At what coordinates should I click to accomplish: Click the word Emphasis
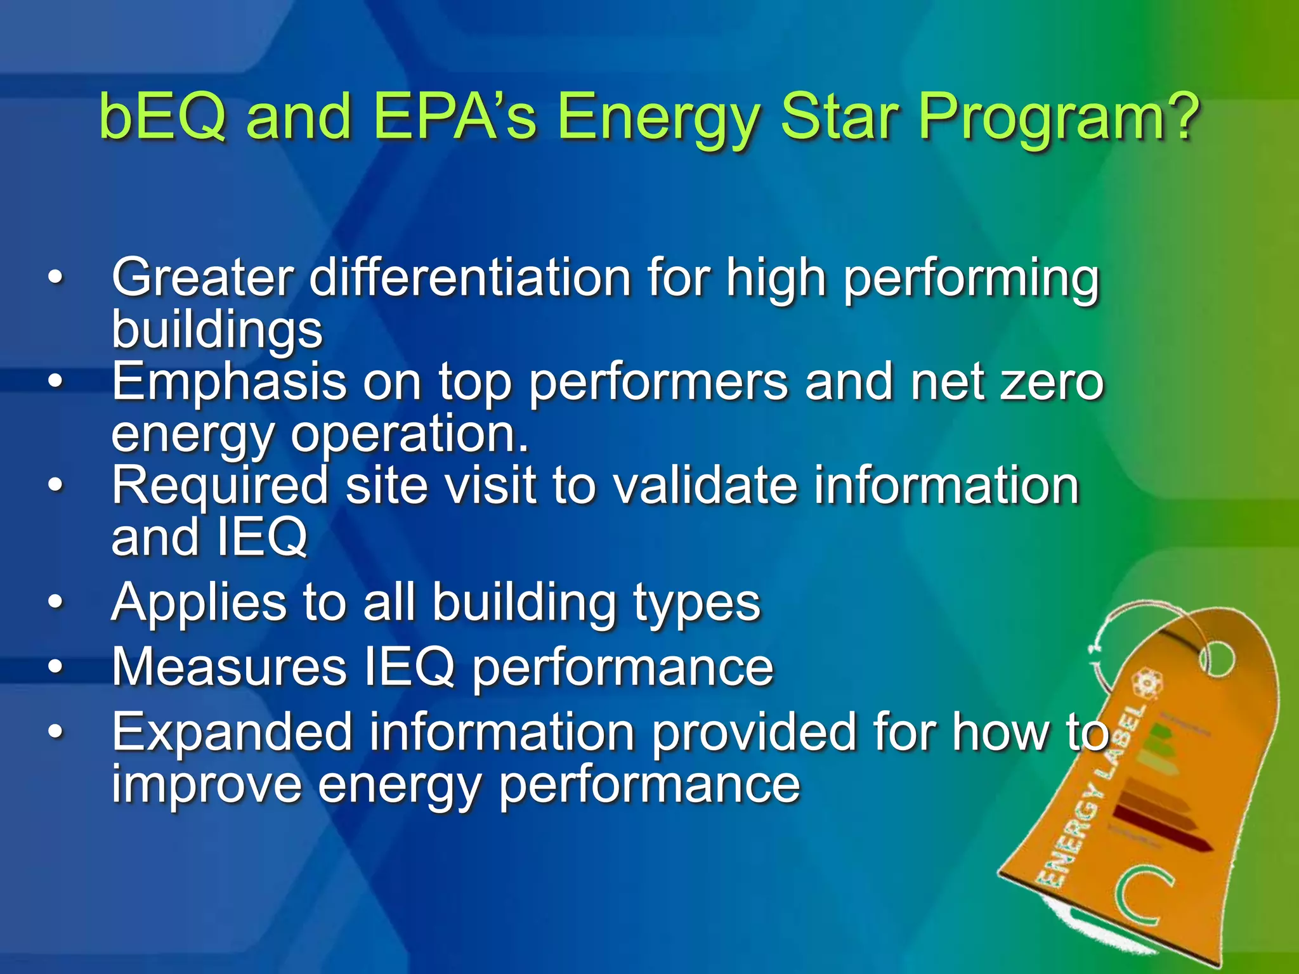(229, 382)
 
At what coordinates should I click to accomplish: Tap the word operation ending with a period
(409, 434)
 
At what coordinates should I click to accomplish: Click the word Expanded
(232, 732)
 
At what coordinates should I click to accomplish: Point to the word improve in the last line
(207, 785)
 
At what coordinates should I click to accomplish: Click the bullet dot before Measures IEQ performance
(56, 667)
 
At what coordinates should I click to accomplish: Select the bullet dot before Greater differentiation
(56, 278)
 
